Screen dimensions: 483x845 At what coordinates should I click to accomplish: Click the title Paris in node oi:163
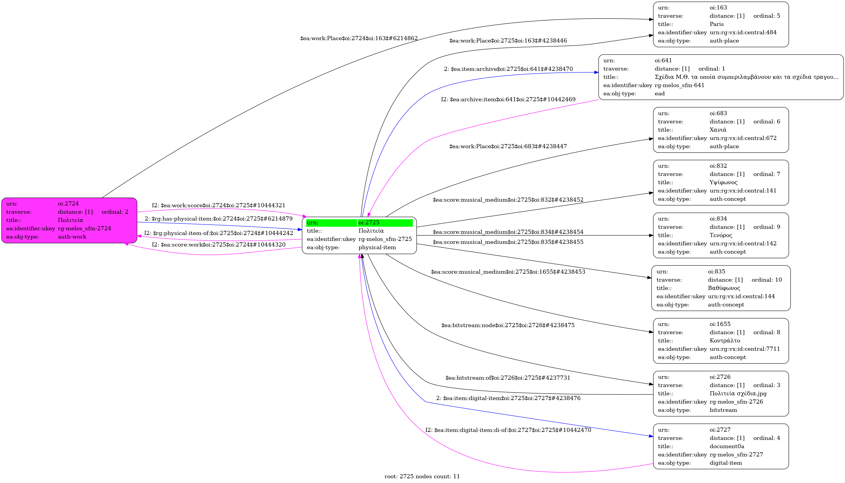click(x=716, y=24)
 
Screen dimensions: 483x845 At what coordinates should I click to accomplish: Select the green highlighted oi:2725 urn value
click(x=369, y=223)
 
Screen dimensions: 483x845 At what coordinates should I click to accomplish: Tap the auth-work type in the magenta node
click(x=72, y=237)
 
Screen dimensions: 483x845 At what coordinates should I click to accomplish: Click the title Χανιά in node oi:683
click(x=718, y=130)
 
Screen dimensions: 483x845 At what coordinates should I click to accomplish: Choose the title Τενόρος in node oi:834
click(x=721, y=235)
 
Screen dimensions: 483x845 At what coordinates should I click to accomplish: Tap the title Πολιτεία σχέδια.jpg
click(x=738, y=394)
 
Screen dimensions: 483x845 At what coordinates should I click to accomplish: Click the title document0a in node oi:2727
click(x=727, y=446)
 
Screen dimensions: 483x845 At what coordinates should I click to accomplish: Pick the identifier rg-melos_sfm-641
click(x=679, y=85)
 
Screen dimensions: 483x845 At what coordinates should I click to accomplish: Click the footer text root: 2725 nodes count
click(x=422, y=477)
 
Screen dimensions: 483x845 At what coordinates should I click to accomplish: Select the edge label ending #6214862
click(x=359, y=38)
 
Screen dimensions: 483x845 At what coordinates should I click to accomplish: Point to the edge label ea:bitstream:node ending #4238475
click(x=508, y=325)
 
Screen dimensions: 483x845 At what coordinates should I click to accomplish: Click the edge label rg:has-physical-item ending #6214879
click(x=219, y=219)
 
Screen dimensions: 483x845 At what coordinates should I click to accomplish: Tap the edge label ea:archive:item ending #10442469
click(x=508, y=99)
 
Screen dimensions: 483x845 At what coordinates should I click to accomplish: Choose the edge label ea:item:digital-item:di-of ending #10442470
click(x=508, y=430)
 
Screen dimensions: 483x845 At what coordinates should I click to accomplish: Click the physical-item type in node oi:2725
click(x=377, y=247)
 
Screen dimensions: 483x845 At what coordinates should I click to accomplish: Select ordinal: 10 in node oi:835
click(x=766, y=280)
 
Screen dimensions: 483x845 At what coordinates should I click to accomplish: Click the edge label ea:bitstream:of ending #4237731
click(x=508, y=378)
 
